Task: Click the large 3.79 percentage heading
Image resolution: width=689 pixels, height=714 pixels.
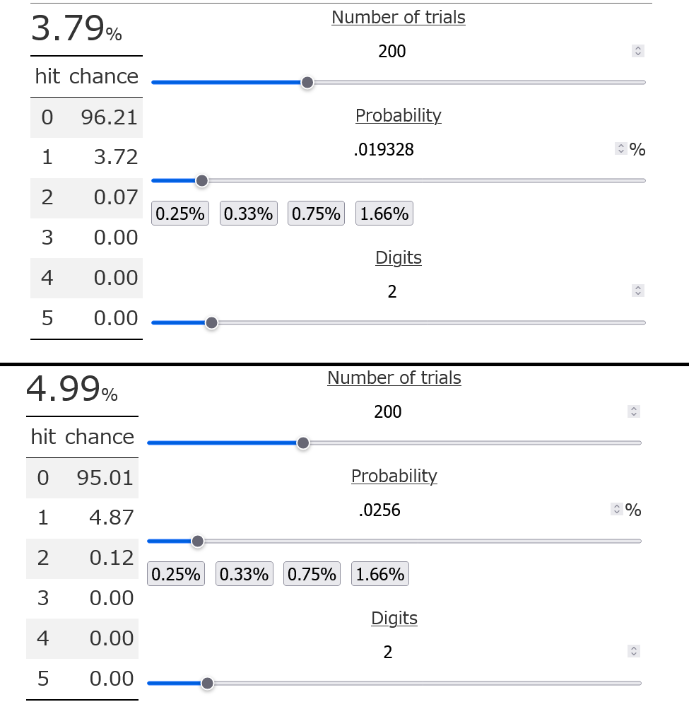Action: [76, 29]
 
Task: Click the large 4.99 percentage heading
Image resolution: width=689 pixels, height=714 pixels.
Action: [71, 390]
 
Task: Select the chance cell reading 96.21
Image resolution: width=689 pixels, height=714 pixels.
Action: [109, 117]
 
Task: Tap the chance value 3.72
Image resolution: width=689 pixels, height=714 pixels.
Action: [116, 157]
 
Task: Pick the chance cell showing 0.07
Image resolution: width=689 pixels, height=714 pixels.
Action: [116, 197]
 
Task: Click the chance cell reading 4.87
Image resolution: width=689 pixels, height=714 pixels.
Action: [112, 517]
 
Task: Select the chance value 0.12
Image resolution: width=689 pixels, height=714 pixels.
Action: [112, 558]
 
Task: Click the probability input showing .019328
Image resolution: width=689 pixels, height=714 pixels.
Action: [384, 149]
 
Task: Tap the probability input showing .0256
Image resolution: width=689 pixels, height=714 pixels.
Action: [379, 510]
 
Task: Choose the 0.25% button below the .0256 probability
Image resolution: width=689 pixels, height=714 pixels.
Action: [175, 574]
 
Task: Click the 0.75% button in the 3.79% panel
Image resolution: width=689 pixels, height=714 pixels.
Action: [316, 213]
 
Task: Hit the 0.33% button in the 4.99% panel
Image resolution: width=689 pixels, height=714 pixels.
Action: [244, 574]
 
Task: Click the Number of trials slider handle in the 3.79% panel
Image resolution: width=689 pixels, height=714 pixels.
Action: [307, 83]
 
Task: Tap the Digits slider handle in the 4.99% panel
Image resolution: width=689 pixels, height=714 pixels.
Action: [207, 684]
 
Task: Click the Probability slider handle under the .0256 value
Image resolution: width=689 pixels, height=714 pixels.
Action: [198, 542]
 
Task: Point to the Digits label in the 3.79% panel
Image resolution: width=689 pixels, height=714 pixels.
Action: [399, 257]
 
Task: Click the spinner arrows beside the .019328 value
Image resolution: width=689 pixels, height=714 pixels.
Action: [621, 148]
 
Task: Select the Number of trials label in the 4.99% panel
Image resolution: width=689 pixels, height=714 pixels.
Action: [394, 378]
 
